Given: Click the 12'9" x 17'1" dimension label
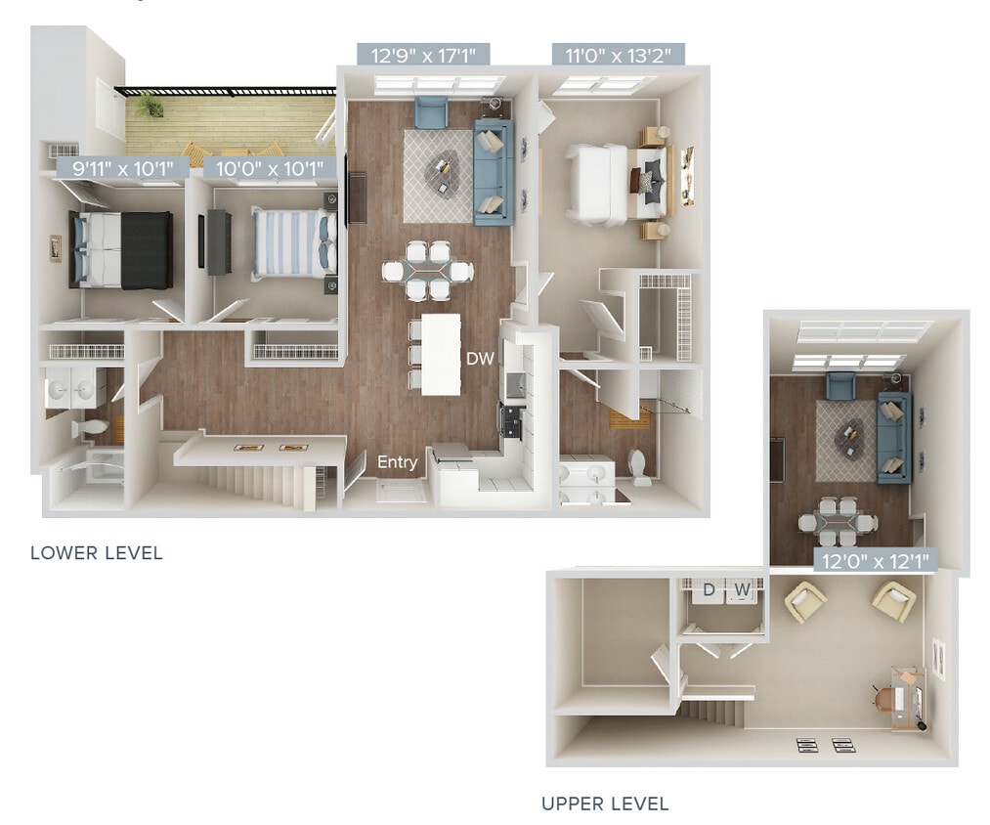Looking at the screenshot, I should tap(422, 55).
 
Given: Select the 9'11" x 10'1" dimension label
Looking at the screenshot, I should tap(115, 169).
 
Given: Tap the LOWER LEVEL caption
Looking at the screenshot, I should tap(96, 553).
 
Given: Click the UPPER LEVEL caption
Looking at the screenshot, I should tap(605, 804).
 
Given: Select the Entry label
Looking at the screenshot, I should tap(398, 462).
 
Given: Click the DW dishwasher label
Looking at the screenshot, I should tap(480, 359).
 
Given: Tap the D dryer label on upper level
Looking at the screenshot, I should tap(710, 589).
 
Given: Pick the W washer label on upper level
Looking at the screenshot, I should tap(743, 589).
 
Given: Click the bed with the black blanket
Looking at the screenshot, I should tap(121, 249).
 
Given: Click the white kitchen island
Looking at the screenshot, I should tap(441, 354).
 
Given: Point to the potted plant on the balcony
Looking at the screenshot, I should tap(150, 104).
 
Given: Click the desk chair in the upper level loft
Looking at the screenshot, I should tap(885, 698).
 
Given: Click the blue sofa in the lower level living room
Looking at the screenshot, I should tap(493, 172).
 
